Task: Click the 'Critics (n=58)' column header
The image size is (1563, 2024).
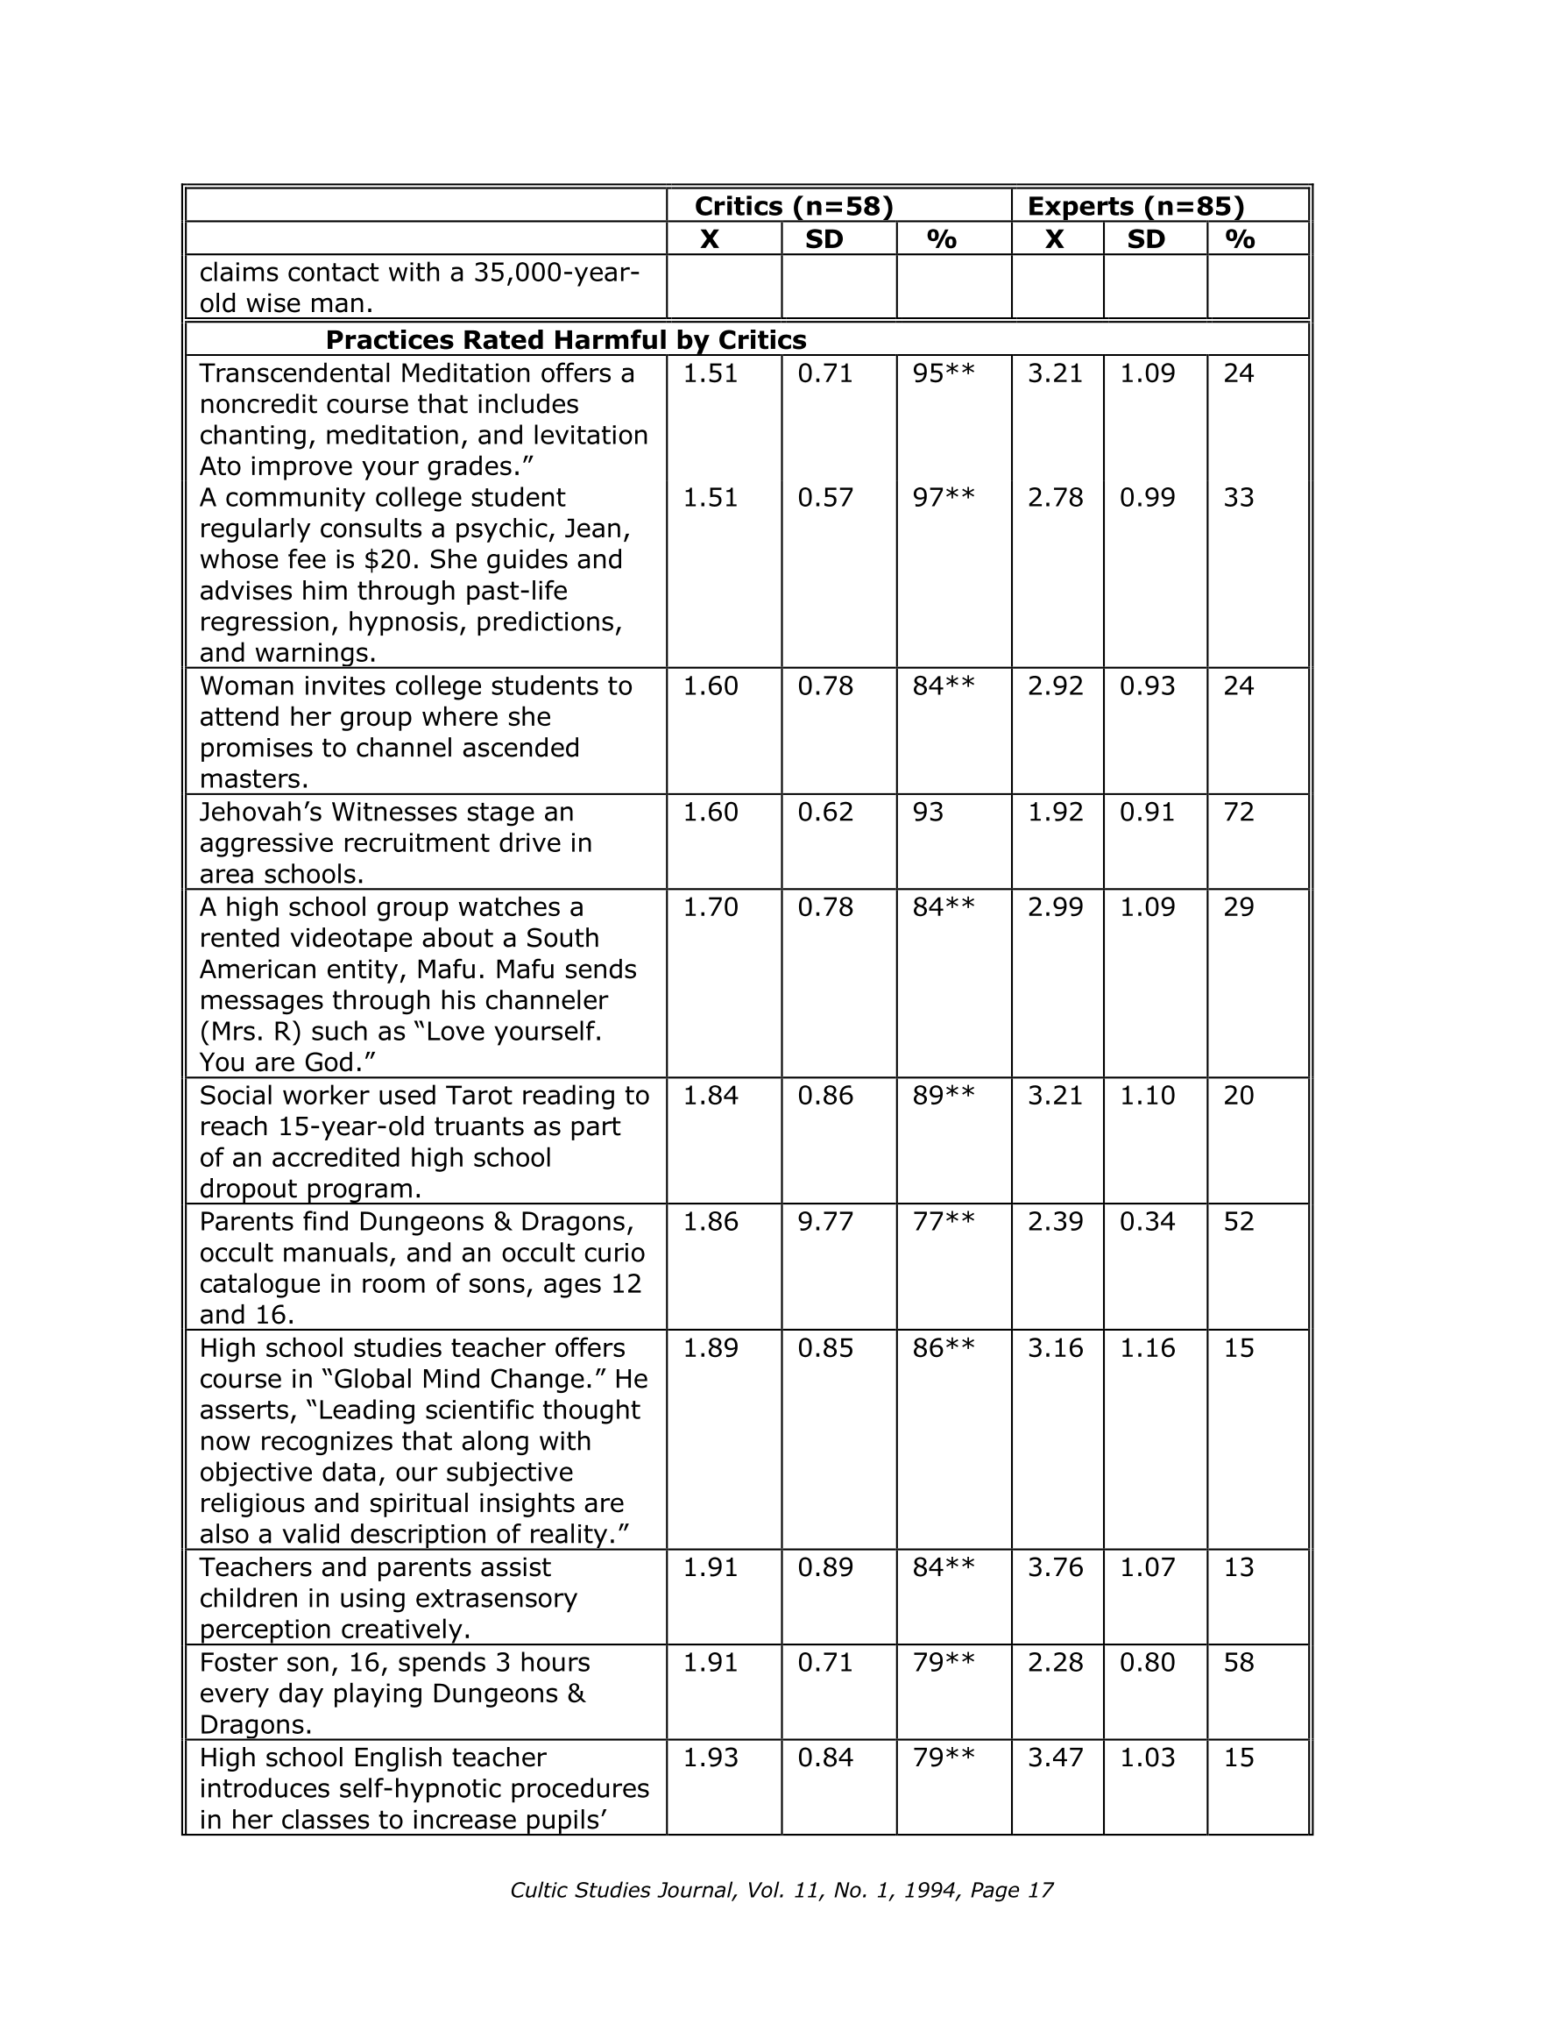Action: point(793,206)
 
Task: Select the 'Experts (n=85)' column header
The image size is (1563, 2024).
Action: point(1135,206)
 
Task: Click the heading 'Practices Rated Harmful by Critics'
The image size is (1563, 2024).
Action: point(565,340)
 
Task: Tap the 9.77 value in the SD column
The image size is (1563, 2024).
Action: point(824,1221)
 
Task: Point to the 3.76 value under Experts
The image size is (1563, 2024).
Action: point(1054,1567)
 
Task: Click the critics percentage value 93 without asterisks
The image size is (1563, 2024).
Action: point(928,812)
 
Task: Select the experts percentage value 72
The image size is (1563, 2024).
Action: point(1239,812)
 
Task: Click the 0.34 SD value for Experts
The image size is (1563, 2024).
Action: point(1147,1221)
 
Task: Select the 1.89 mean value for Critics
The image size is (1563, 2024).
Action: point(710,1347)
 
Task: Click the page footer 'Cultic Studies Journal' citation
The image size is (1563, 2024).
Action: point(781,1890)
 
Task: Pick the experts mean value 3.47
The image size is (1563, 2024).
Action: point(1054,1758)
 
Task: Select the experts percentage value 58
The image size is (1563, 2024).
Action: point(1239,1662)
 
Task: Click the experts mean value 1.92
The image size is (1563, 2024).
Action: point(1054,812)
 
